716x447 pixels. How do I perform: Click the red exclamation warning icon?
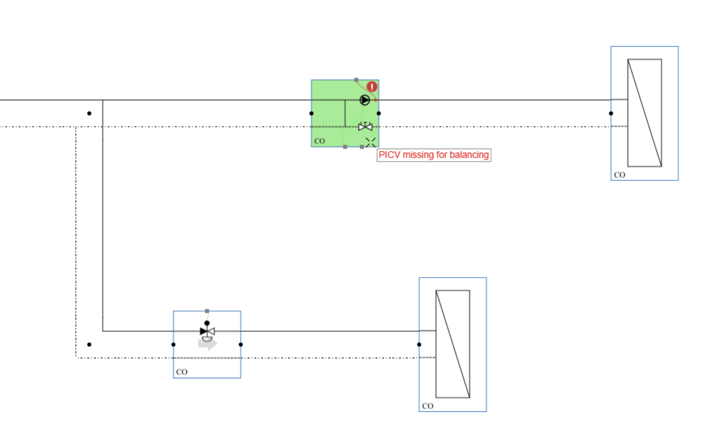click(372, 87)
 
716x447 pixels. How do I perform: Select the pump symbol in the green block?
click(364, 100)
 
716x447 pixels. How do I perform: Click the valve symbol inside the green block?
click(365, 127)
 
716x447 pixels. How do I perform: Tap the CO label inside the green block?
click(319, 141)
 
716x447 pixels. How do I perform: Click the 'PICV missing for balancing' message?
click(434, 155)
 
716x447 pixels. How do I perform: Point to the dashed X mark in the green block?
click(370, 142)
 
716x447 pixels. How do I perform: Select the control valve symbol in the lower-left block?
click(207, 331)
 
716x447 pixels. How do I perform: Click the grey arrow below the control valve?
click(208, 344)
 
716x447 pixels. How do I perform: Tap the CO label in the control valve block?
click(181, 372)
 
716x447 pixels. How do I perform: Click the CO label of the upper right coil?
click(619, 175)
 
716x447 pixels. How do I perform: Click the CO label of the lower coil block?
click(427, 406)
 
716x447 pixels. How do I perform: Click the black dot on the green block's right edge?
click(379, 113)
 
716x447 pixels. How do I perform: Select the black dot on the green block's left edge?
click(312, 113)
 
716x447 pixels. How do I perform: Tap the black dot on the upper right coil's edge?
click(611, 113)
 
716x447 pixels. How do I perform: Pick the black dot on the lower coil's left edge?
click(419, 345)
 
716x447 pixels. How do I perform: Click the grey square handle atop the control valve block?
click(207, 311)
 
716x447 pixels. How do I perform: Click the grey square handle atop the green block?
click(356, 80)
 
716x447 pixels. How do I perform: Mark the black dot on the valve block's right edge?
click(241, 345)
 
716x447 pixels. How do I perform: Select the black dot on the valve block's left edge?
click(174, 345)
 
